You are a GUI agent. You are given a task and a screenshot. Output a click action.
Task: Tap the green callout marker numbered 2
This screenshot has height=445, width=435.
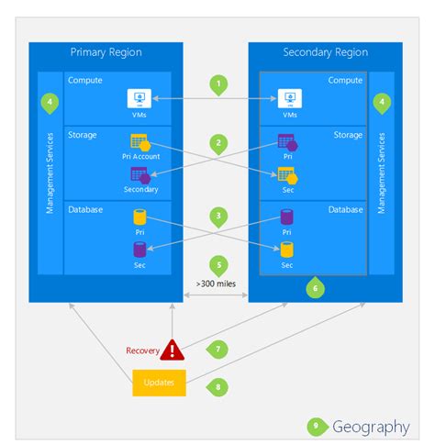click(217, 144)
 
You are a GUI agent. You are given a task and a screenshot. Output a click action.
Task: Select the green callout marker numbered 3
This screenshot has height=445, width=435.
click(217, 217)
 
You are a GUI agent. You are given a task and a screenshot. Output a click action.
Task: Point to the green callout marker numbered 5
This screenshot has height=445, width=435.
click(217, 264)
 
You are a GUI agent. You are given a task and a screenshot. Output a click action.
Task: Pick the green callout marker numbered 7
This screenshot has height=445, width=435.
click(217, 349)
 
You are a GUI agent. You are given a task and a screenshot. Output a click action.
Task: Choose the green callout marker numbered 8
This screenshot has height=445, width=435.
click(217, 386)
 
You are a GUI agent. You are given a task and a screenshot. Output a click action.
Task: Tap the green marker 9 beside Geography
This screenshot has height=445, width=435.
click(317, 427)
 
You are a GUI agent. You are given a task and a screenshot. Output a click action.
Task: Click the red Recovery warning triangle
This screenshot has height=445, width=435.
click(172, 350)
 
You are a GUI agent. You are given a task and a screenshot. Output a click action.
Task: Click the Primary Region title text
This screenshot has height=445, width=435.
click(106, 52)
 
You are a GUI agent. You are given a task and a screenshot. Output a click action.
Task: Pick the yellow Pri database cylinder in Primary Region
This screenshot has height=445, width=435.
click(139, 217)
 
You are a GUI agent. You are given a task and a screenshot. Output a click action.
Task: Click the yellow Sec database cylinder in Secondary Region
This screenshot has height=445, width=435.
click(286, 249)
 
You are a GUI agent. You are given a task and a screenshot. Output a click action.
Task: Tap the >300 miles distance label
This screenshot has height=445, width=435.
click(217, 284)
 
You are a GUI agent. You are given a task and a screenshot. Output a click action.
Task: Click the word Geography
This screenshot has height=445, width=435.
click(371, 427)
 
